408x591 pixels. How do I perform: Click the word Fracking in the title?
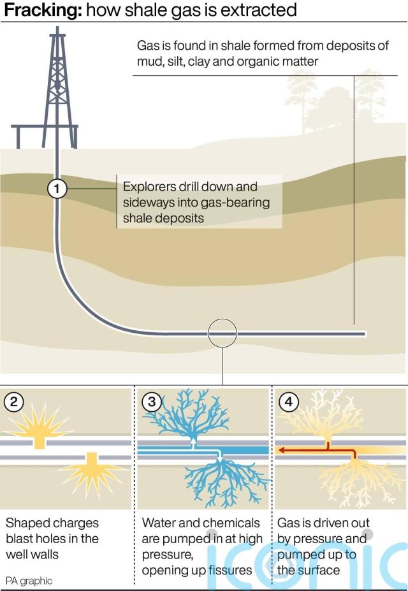[x=40, y=10]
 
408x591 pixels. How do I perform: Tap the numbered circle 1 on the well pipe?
[x=57, y=189]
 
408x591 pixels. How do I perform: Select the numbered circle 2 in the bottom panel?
[x=14, y=402]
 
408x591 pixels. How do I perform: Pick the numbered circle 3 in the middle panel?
[x=151, y=402]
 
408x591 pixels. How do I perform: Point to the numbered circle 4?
[x=289, y=402]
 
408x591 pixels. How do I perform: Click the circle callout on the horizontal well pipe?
[x=222, y=332]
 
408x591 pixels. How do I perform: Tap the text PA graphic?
[x=29, y=581]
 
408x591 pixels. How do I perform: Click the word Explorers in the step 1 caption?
[x=149, y=187]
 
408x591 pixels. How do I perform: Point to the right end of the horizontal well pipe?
[x=363, y=333]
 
